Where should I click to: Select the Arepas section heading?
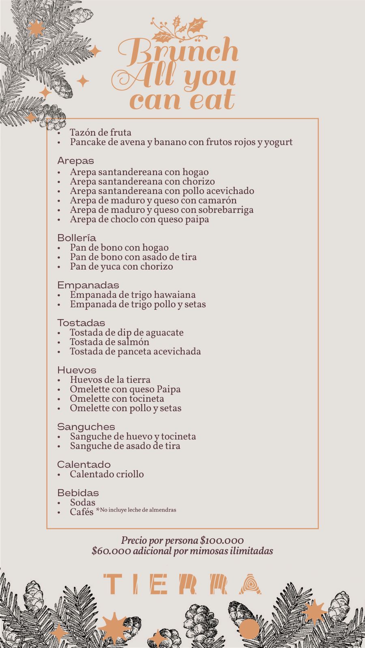75,161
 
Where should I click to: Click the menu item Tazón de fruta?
100,132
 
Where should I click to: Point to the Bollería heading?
77,238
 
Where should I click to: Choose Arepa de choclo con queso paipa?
139,220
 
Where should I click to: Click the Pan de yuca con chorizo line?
121,266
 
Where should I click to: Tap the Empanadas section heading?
88,285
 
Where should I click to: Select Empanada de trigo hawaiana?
133,295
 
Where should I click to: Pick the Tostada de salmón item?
109,342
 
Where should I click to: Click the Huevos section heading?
77,370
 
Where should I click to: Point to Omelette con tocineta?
117,399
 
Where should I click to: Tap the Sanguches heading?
86,427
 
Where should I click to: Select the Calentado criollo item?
107,474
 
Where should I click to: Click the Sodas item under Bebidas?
82,503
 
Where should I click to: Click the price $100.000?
222,541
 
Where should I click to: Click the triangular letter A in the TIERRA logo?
250,584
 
